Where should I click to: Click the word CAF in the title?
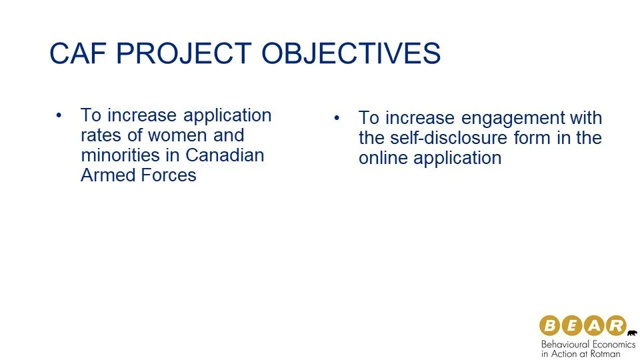(77, 53)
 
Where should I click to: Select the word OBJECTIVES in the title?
(351, 53)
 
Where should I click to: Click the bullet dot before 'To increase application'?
(59, 115)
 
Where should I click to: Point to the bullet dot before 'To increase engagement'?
(337, 118)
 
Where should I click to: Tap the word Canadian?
(225, 155)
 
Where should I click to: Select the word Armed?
(108, 175)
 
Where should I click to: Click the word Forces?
(169, 175)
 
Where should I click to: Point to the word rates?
(101, 135)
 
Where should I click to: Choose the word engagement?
(512, 119)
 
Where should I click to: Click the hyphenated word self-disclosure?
(449, 138)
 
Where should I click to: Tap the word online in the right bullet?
(383, 158)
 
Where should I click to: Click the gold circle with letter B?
(549, 325)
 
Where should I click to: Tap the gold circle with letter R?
(616, 325)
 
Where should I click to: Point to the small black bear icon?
(632, 333)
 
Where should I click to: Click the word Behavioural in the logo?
(564, 344)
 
